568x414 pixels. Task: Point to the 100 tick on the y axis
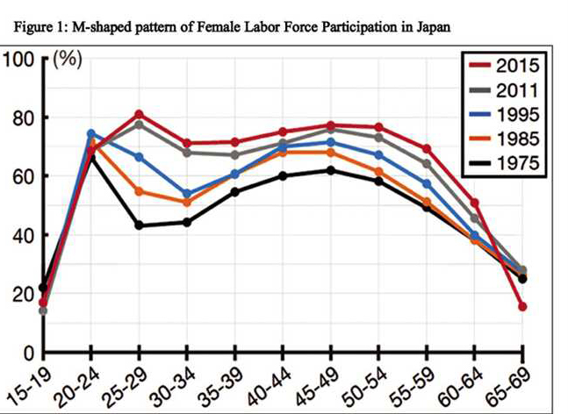[x=18, y=60]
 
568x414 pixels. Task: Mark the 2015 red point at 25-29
[x=139, y=114]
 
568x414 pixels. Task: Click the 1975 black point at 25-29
[x=139, y=225]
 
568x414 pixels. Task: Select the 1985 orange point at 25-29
[x=139, y=191]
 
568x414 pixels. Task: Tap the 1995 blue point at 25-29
[x=139, y=157]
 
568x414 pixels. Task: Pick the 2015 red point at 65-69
[x=522, y=307]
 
